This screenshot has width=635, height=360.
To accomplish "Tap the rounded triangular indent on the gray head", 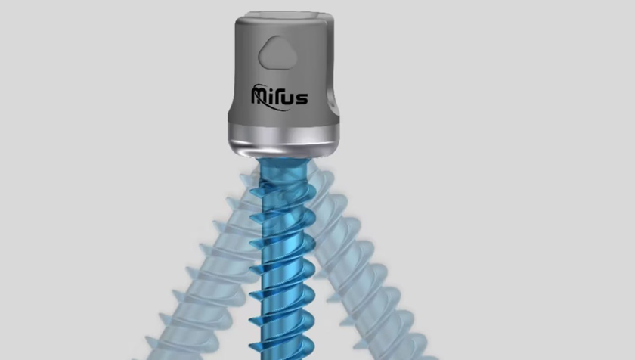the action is click(x=278, y=53).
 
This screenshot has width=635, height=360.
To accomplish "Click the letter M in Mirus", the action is click(x=260, y=95).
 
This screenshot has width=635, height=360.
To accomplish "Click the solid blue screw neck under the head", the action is click(x=283, y=170).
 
